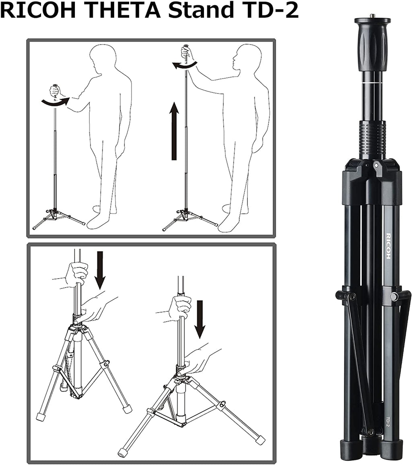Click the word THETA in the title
(x=122, y=11)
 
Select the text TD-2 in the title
(x=269, y=11)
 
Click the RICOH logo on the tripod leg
(x=388, y=246)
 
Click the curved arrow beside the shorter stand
(x=55, y=102)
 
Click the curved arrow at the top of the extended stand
(x=184, y=66)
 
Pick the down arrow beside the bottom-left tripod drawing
(x=100, y=270)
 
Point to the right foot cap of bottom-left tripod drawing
(x=127, y=408)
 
